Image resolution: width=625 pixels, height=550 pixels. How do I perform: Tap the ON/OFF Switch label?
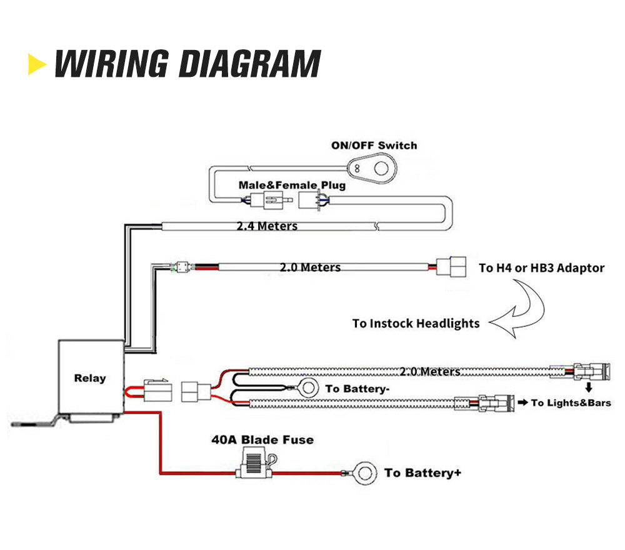(x=374, y=146)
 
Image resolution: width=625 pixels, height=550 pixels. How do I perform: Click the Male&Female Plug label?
(x=292, y=185)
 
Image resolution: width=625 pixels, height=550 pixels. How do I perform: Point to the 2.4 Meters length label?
(x=267, y=226)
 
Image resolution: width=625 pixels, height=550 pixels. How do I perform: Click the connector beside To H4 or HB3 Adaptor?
(x=451, y=267)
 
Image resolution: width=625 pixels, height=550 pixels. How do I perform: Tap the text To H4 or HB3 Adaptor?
(x=541, y=268)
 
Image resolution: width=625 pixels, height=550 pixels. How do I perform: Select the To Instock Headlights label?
(x=416, y=323)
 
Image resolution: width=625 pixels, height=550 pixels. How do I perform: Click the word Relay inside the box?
(x=90, y=378)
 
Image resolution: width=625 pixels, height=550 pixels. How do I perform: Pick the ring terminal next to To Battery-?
(x=307, y=388)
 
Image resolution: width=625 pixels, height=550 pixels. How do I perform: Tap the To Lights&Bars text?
(x=571, y=403)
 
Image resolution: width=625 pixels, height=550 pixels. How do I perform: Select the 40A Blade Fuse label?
(x=262, y=439)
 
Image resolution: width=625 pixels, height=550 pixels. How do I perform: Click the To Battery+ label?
(x=422, y=472)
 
